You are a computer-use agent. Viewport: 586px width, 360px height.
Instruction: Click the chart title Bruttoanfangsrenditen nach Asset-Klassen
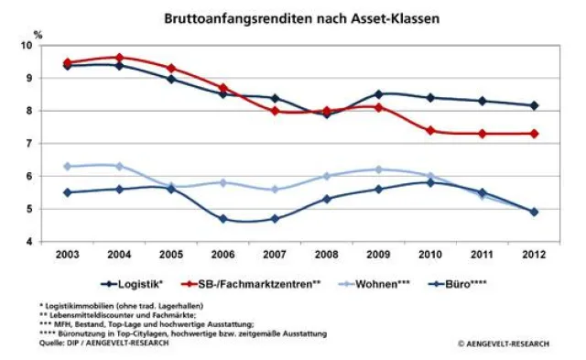point(292,17)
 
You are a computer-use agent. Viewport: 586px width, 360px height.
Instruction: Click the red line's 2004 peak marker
point(120,57)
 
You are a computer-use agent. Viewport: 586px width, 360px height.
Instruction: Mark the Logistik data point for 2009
point(379,93)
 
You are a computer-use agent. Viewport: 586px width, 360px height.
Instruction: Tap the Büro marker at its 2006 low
point(223,219)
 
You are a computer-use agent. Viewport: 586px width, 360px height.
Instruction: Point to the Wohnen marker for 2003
point(68,167)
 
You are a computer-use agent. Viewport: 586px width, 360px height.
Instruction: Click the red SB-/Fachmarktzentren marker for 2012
point(535,134)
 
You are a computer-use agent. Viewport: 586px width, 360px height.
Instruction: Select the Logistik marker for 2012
point(535,105)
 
